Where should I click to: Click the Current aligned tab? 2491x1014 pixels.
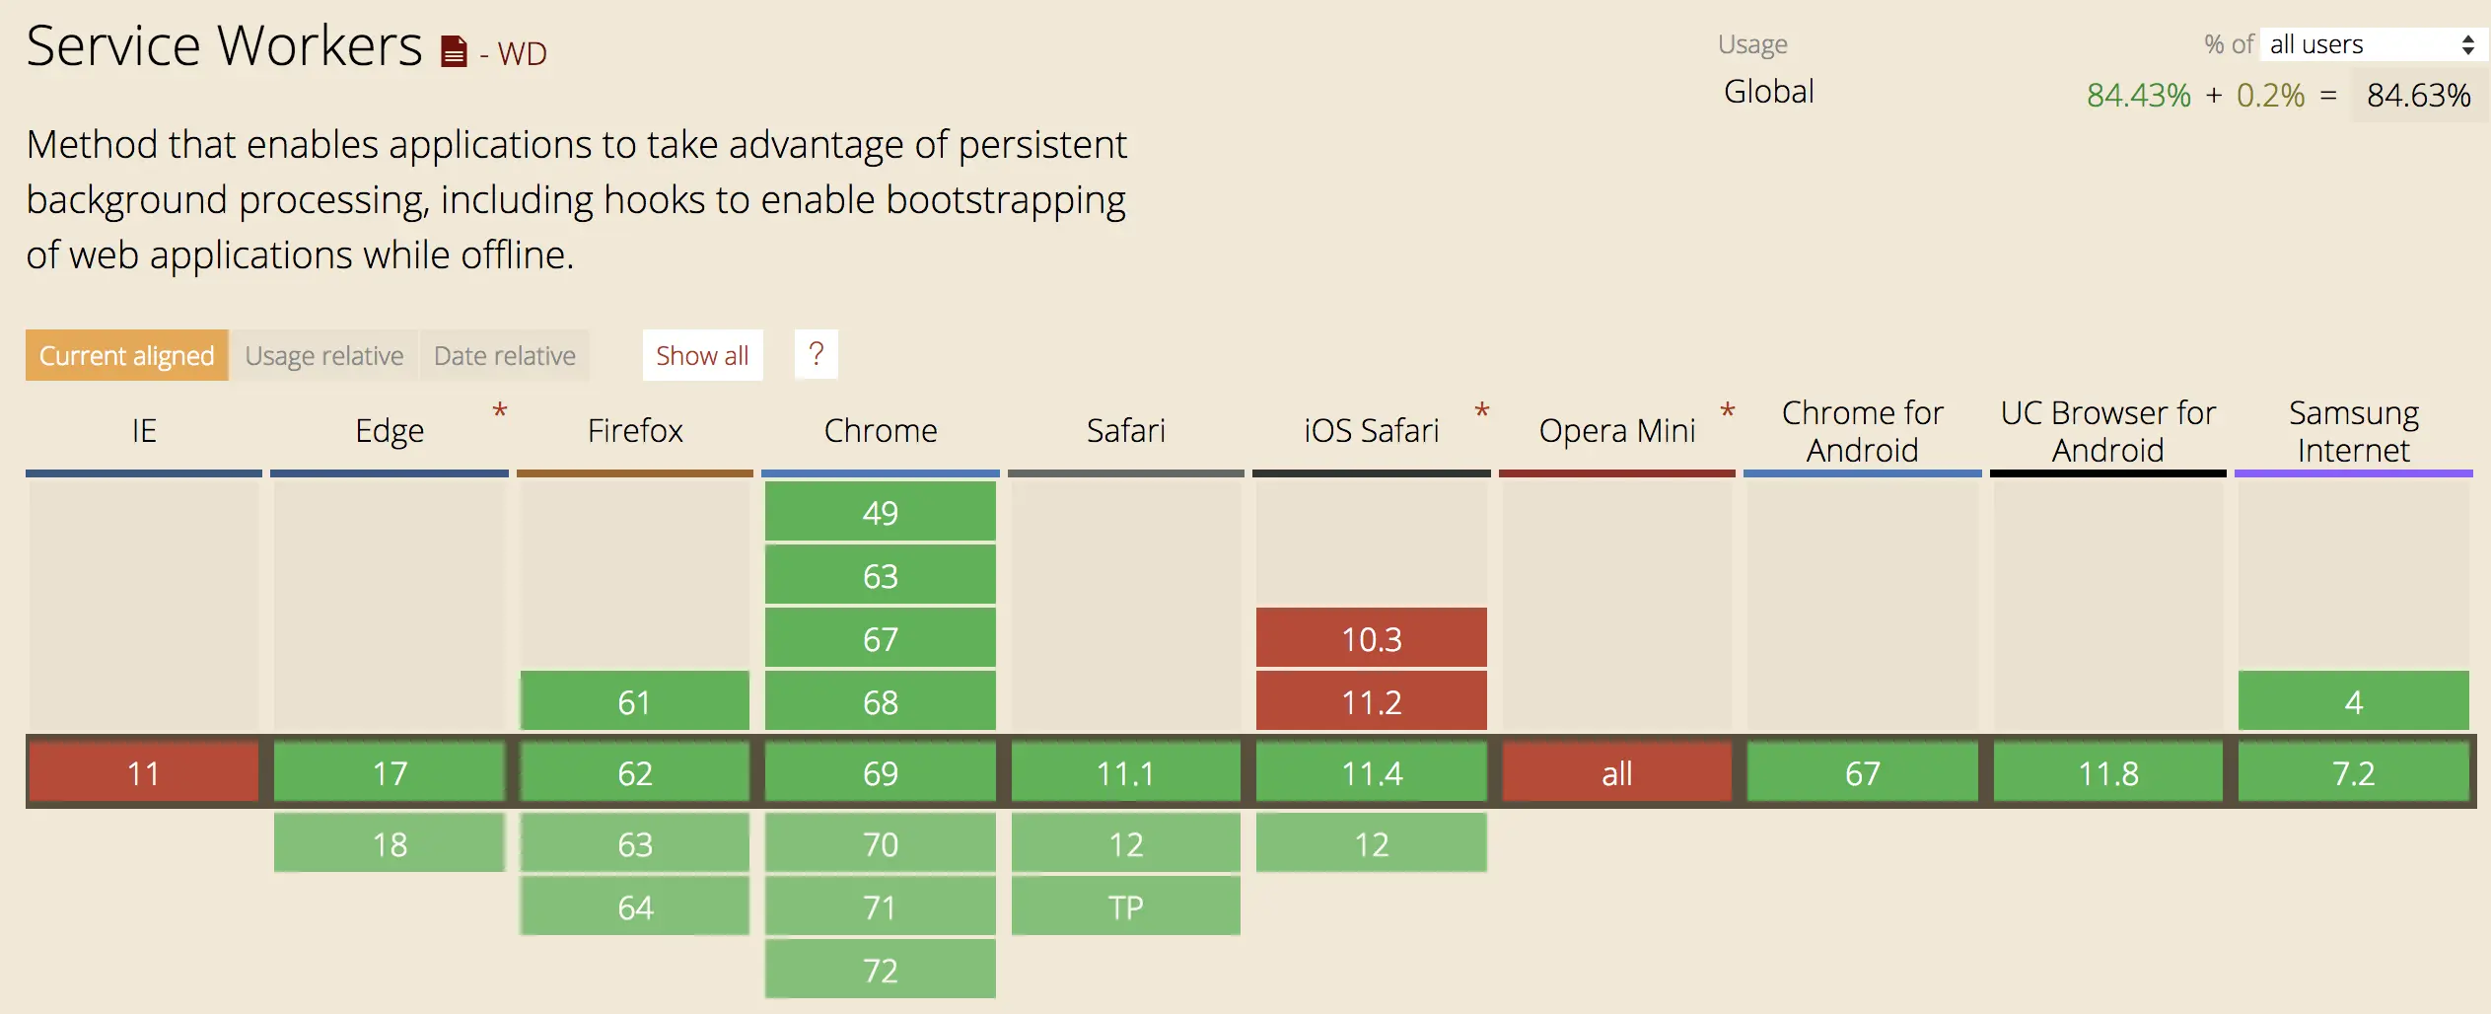127,355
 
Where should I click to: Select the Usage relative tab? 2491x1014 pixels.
324,355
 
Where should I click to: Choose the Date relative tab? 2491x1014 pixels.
505,355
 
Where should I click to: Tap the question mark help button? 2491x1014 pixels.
816,354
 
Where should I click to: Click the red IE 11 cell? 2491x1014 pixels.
144,772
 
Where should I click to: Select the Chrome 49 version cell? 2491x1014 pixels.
881,512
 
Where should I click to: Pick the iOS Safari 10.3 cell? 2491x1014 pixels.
1372,638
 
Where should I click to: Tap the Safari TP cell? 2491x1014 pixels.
1126,906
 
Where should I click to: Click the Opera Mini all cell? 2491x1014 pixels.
1617,772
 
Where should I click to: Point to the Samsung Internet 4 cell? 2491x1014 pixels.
2354,701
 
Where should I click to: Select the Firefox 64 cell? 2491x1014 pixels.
635,906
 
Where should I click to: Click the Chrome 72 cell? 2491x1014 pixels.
881,970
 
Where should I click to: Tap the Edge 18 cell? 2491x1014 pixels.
390,843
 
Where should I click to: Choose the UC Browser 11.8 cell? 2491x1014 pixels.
2108,772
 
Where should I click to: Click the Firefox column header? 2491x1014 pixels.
635,430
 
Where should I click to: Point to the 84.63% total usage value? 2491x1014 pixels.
2419,95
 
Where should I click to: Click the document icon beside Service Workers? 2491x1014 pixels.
454,51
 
